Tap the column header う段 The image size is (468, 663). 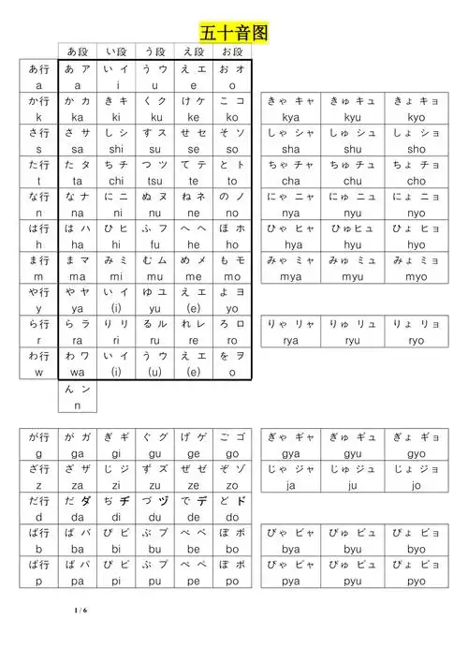coord(152,52)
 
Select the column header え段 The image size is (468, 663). coord(192,52)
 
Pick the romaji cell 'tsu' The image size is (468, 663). coord(152,182)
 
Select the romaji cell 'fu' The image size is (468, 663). coord(152,245)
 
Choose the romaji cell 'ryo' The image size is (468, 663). coord(417,341)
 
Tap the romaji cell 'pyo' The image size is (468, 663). coord(417,581)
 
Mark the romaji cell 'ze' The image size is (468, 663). coord(192,485)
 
